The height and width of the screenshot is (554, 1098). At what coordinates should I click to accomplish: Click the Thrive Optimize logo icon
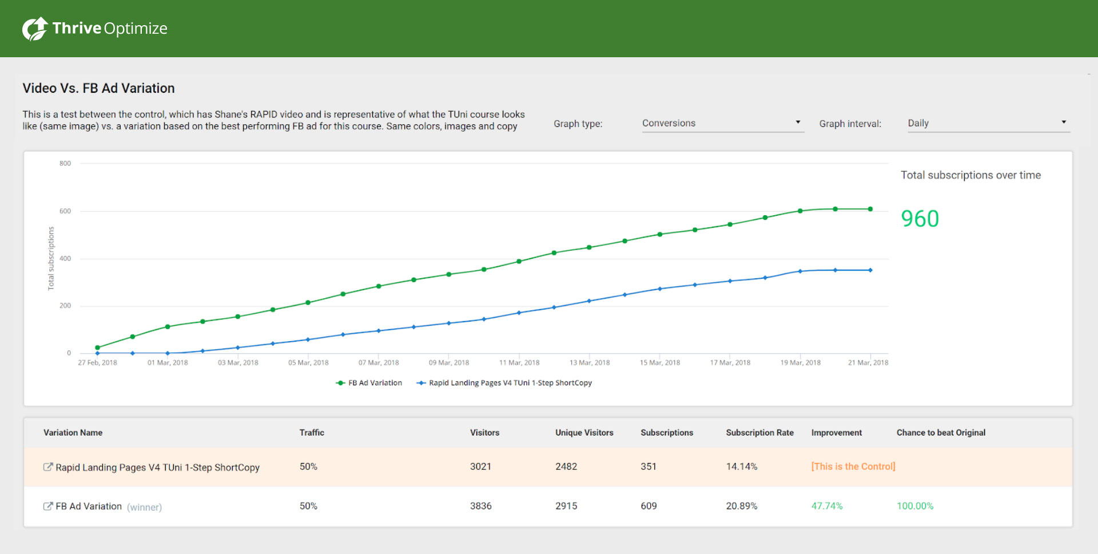pos(34,29)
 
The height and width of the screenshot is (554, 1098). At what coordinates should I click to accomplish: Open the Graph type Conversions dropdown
pos(722,123)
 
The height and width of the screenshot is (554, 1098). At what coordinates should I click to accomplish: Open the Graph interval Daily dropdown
pos(988,123)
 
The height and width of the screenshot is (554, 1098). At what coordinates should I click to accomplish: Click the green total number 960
pos(920,219)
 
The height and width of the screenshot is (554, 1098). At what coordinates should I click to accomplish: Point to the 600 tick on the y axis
pos(65,211)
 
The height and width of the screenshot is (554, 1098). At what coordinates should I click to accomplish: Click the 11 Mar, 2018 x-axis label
pos(519,363)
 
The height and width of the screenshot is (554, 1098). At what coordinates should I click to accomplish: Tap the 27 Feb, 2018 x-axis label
pos(97,363)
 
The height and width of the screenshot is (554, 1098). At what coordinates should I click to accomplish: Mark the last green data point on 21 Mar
pos(870,209)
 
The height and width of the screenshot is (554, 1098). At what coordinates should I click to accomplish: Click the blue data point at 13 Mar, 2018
pos(589,301)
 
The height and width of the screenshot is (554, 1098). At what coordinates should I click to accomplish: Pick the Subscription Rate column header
pos(759,433)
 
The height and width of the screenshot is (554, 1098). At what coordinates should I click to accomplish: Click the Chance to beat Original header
pos(941,433)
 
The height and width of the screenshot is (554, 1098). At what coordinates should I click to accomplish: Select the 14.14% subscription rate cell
pos(741,466)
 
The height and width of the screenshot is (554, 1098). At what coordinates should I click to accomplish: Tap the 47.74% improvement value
pos(826,506)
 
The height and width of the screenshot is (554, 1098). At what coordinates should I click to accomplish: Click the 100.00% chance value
pos(914,506)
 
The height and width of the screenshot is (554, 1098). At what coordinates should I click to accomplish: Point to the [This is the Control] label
pos(853,466)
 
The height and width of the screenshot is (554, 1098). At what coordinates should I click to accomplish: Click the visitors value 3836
pos(480,506)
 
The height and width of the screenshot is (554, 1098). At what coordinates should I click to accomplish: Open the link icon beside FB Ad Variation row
pos(48,506)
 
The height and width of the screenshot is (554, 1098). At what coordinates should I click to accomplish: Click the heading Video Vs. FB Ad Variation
pos(98,88)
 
